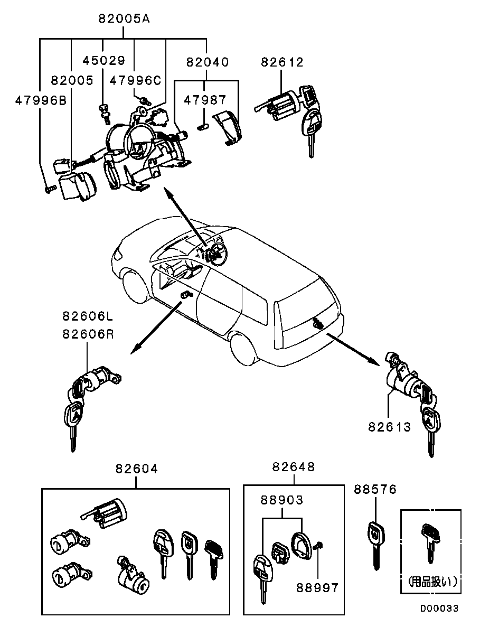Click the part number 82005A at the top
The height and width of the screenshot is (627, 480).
point(124,20)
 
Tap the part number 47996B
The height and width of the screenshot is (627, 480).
point(40,100)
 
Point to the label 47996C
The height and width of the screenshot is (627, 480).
point(135,80)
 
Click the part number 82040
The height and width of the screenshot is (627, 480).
point(207,62)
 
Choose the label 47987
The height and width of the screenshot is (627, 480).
point(205,100)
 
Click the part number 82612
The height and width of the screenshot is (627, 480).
point(282,62)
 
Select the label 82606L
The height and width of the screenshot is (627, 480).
point(88,317)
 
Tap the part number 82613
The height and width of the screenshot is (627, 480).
point(389,427)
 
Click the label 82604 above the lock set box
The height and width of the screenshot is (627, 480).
point(136,469)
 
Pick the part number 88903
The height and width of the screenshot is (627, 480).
point(281,500)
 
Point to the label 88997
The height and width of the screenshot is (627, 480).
point(317,587)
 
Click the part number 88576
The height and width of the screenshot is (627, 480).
point(375,490)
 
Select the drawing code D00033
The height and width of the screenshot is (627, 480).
point(439,609)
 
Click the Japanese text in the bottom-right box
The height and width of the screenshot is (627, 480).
point(431,582)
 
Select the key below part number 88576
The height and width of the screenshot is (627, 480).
point(374,544)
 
